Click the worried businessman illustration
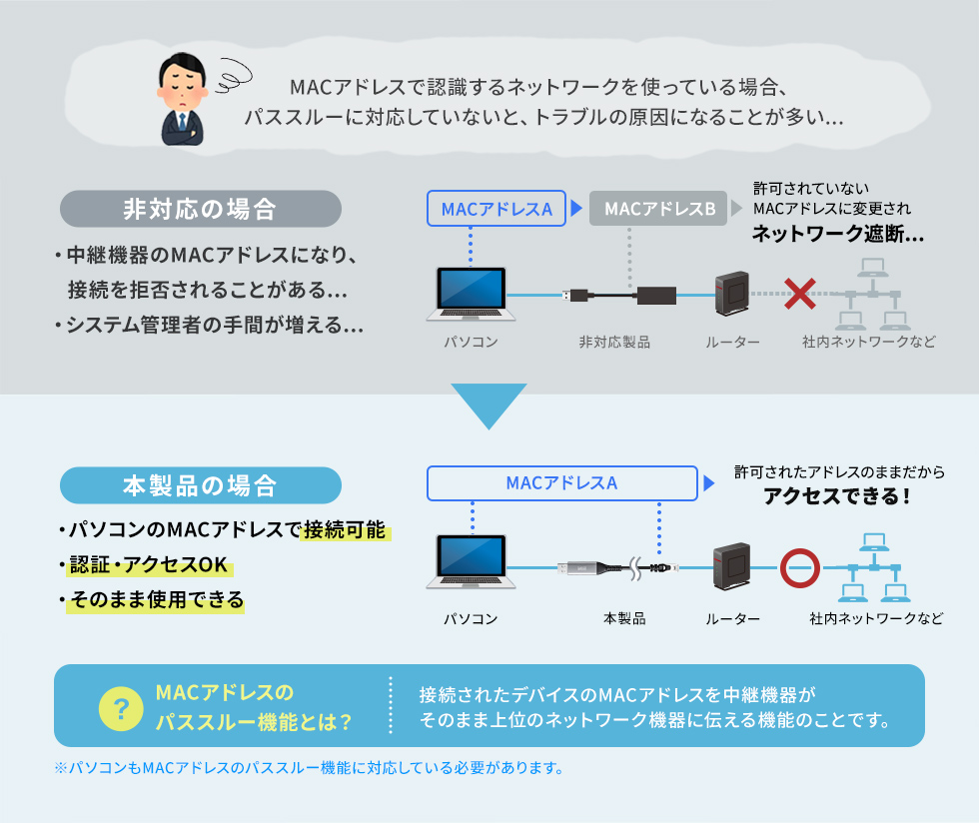(184, 100)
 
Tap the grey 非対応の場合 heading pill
(201, 210)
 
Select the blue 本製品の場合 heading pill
(201, 485)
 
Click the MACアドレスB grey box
(659, 210)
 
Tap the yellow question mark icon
(122, 707)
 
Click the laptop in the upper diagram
(471, 293)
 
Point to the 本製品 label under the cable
(624, 618)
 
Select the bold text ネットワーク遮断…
(837, 234)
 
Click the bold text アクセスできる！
(837, 496)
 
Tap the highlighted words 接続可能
(345, 530)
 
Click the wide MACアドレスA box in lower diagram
(561, 483)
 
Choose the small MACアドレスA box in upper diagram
(496, 210)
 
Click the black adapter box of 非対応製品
(655, 296)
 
